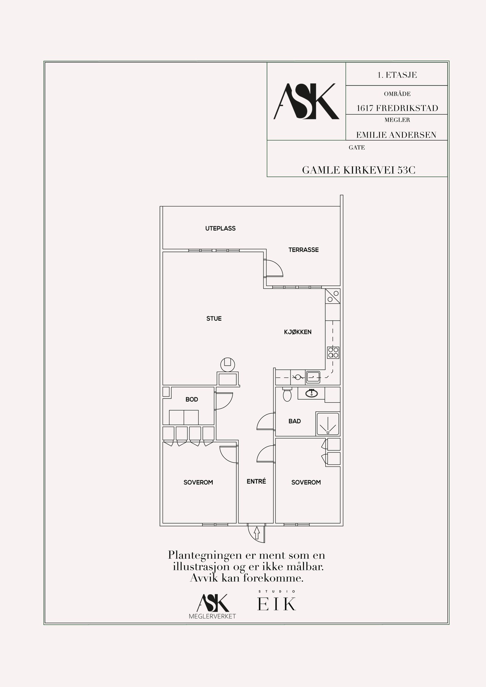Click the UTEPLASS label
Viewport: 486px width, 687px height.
220,229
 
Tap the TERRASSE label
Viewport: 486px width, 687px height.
304,250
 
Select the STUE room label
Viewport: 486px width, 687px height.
214,319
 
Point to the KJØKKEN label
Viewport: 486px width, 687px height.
298,332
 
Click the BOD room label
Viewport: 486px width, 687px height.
192,400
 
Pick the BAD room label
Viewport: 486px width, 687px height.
295,421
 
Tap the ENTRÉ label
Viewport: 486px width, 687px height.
256,482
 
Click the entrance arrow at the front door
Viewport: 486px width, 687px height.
257,532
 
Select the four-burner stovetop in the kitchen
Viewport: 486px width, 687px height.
333,353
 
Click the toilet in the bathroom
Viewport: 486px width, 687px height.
287,394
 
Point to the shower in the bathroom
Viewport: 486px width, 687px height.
328,424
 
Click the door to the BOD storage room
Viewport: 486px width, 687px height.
224,401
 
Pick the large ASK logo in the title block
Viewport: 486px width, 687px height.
306,101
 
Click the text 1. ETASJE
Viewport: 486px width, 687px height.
397,75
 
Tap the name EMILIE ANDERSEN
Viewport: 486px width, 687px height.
396,135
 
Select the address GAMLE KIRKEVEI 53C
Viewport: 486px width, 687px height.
358,170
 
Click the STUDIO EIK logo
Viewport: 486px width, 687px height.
277,602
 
